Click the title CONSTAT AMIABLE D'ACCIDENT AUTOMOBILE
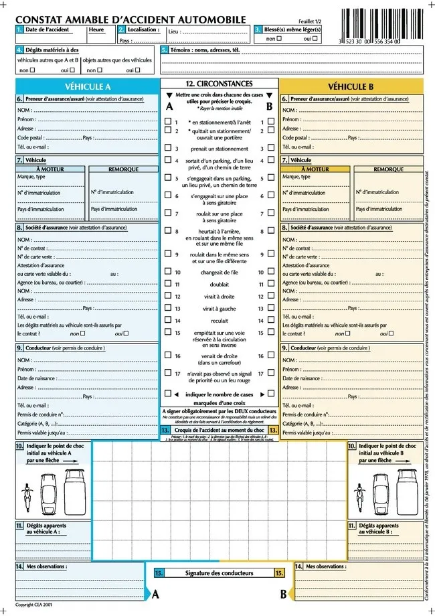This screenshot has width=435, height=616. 130,20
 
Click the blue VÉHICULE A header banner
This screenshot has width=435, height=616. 88,86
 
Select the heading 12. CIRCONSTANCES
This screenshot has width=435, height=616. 219,84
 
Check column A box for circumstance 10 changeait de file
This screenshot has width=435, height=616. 168,273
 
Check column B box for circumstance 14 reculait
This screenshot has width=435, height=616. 270,321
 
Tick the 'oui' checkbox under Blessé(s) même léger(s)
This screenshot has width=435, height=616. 316,39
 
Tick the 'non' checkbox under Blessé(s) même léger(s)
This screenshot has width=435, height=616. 278,39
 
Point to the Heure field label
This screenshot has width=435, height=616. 96,29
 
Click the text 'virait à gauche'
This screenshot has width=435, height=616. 219,309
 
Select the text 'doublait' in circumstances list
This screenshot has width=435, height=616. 219,285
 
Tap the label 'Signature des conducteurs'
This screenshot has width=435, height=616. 219,573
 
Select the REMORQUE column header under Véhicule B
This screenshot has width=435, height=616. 388,169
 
